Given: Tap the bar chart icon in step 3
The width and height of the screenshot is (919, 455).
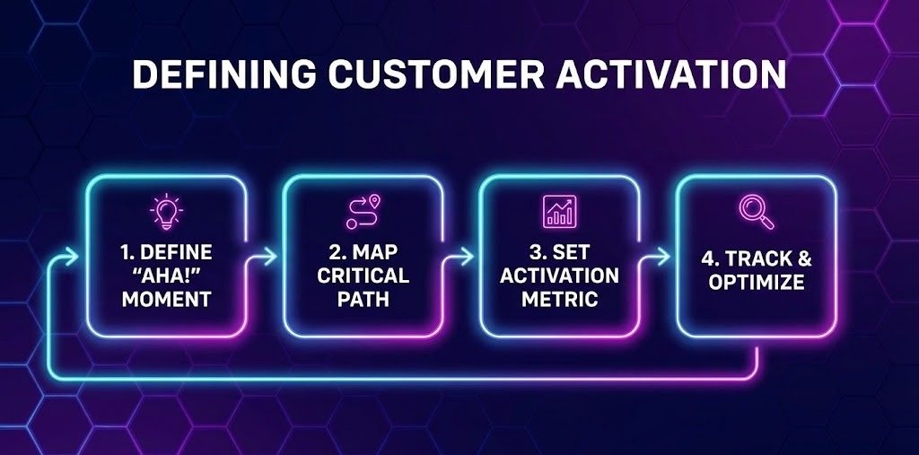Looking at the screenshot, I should pos(559,211).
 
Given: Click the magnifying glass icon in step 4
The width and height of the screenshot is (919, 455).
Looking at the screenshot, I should pos(755,212).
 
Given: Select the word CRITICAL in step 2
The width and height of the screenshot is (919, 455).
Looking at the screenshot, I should pos(363,275).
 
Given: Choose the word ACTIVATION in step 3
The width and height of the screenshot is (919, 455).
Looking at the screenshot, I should pos(559,275).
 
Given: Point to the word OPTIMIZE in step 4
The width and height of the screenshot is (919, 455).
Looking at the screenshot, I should pos(756,281).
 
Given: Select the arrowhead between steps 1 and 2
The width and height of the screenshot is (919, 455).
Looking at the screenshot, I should pos(273,258).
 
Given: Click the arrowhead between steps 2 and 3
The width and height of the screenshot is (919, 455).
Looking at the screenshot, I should pos(469,258).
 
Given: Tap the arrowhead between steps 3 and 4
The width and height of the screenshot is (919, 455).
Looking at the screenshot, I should pos(665,258).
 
